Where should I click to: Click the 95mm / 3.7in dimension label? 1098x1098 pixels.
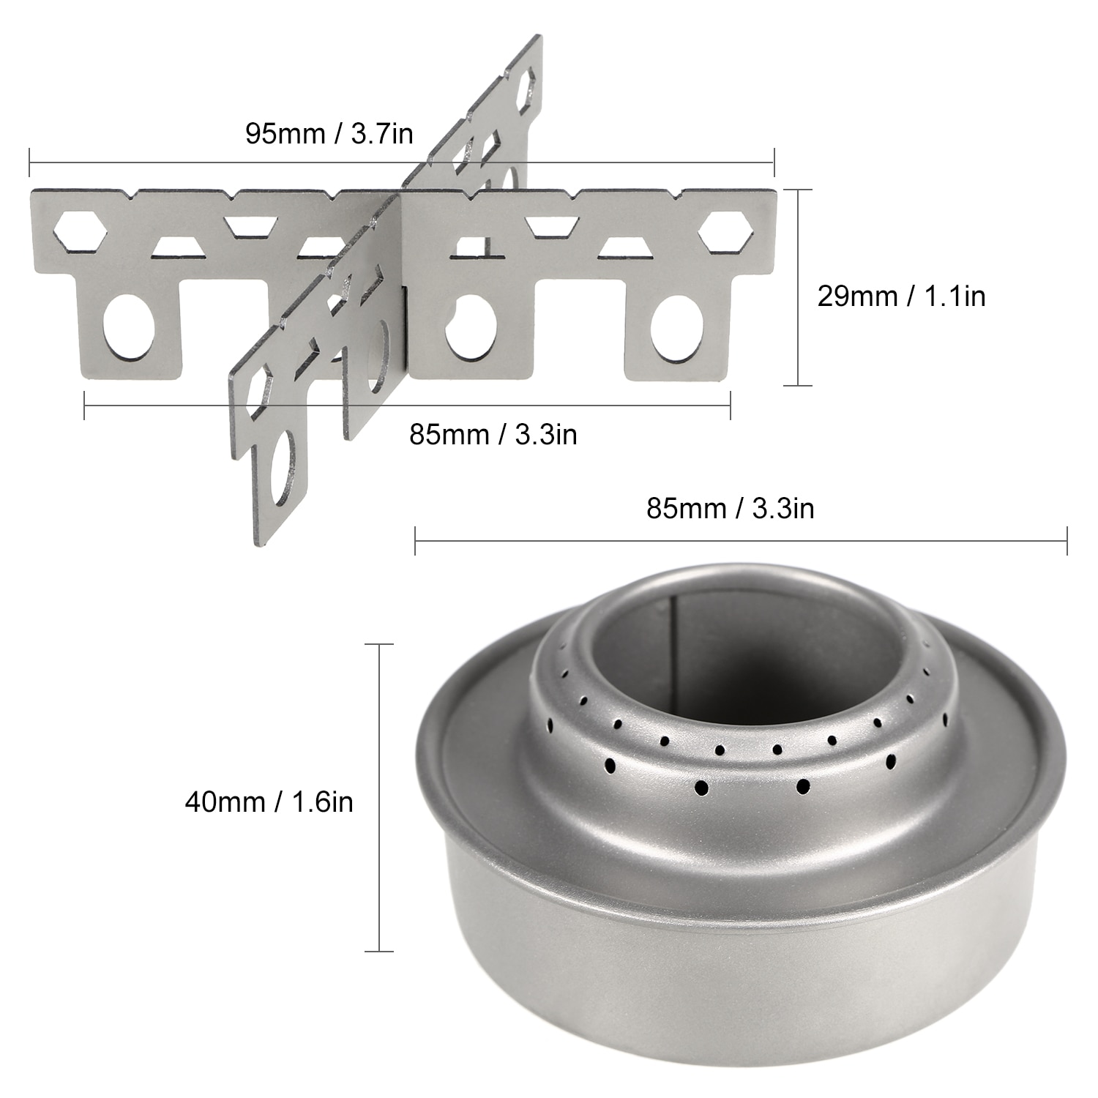[x=329, y=134]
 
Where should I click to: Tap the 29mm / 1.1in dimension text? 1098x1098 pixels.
[x=901, y=296]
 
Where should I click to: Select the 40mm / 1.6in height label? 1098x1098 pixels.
[x=269, y=802]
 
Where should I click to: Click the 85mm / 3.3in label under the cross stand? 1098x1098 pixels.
[x=493, y=434]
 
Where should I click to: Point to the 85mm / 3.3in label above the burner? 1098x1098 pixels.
[x=730, y=508]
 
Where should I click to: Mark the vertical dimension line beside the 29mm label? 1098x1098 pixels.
[x=797, y=287]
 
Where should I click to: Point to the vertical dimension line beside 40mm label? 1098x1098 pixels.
[x=379, y=797]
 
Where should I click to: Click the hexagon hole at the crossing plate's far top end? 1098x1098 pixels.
[x=526, y=90]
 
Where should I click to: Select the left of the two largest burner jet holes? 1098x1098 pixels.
[x=701, y=788]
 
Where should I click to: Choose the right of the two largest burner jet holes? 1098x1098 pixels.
[x=803, y=786]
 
